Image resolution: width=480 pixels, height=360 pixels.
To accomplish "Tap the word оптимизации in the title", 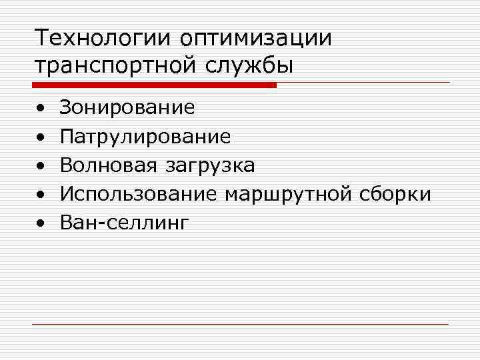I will tap(255, 39).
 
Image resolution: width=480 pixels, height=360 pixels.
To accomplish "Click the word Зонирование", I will tap(127, 107).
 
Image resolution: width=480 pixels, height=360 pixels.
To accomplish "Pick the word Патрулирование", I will tap(145, 137).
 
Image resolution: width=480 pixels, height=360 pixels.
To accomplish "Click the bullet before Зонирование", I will tap(41, 107).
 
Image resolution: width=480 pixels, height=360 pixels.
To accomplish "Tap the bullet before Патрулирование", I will tap(41, 137).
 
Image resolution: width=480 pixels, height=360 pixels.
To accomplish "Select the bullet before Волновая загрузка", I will tap(41, 165).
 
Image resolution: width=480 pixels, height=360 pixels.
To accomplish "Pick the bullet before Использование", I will tap(41, 195).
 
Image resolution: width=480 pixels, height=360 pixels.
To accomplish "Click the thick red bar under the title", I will tap(154, 85).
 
